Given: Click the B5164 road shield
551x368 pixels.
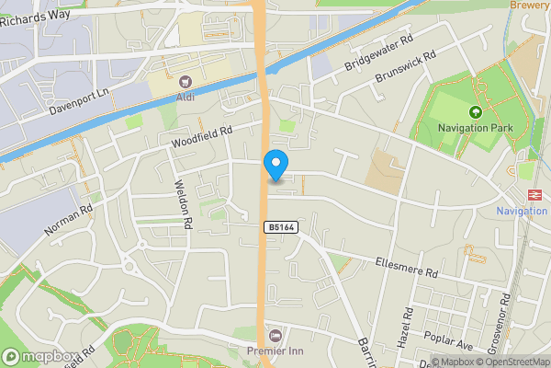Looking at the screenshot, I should click(x=280, y=227).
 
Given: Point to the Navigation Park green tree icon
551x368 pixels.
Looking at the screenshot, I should click(x=475, y=113).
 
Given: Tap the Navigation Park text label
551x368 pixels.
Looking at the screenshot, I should click(x=475, y=129).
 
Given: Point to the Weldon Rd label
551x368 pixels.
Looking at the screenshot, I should click(x=184, y=204).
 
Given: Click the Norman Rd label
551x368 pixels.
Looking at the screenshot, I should click(x=69, y=221).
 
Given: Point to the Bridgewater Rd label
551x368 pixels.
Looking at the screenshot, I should click(x=374, y=53).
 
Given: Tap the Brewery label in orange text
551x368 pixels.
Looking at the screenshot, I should click(x=530, y=5).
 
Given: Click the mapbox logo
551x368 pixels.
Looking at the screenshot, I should click(x=38, y=355).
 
